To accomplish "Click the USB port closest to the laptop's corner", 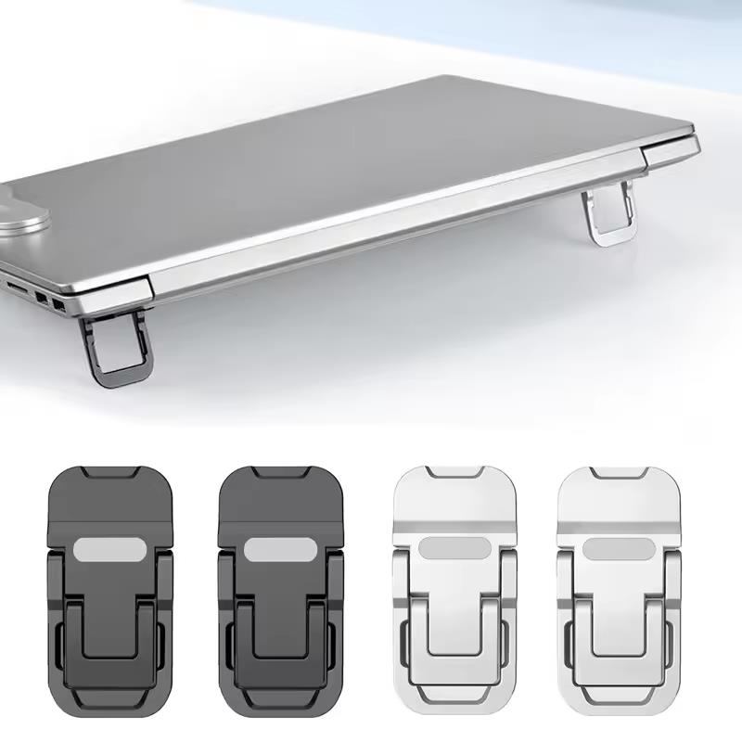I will tap(59, 302).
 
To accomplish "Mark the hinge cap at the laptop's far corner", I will tap(669, 151).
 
